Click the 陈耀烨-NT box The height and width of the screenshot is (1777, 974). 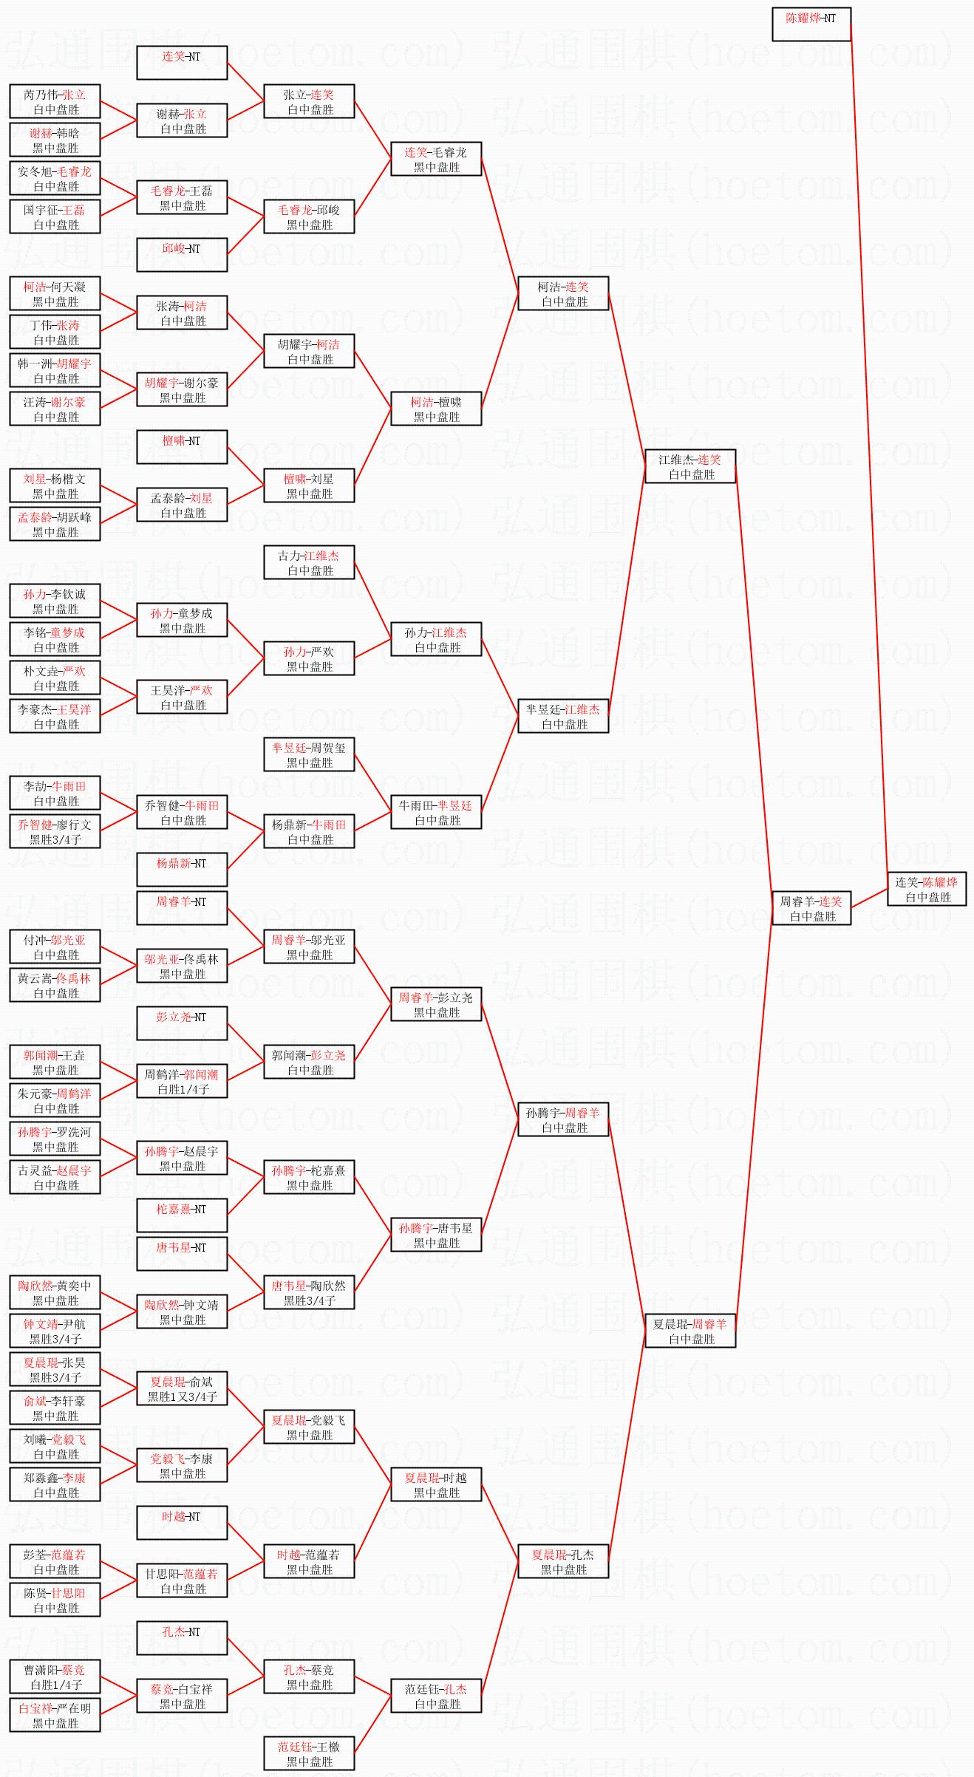coord(811,24)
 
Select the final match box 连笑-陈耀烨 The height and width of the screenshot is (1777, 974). coord(927,889)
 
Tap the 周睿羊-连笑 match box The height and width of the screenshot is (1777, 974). coord(811,908)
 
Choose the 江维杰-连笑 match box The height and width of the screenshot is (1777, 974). coord(690,466)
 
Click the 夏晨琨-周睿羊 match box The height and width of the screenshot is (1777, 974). coord(690,1331)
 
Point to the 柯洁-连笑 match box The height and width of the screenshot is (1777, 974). coord(563,293)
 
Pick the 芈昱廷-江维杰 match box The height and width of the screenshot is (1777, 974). coord(563,716)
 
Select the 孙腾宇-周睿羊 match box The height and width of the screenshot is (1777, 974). coord(563,1119)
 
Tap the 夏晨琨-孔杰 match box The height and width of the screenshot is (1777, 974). coord(563,1561)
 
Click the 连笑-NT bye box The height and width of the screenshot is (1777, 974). coord(182,63)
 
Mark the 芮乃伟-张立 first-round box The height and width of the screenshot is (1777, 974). coord(55,101)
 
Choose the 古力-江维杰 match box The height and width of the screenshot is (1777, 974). coord(309,562)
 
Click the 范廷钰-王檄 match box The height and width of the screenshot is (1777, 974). coord(309,1753)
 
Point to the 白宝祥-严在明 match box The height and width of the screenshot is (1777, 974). coord(55,1715)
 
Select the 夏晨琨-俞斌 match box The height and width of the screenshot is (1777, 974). coord(182,1388)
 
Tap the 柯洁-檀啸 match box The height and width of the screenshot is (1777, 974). coord(436,409)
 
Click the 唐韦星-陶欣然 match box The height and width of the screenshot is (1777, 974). coord(309,1292)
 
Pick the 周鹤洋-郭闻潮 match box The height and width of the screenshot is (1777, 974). coord(182,1081)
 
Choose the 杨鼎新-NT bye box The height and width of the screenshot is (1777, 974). coord(182,870)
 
